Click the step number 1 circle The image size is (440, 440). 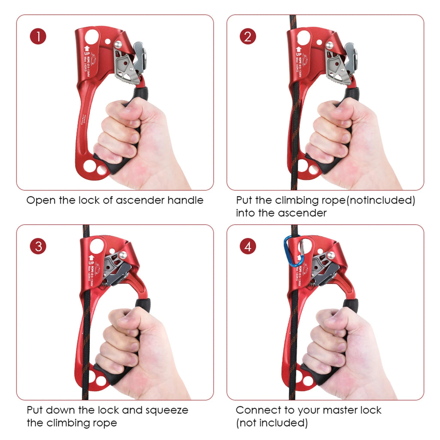38,37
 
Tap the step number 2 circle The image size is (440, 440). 247,37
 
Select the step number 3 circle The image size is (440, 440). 38,246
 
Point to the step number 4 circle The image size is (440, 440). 247,246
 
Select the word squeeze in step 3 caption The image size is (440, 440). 166,410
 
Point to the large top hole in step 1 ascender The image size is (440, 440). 92,35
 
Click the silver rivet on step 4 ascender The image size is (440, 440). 331,255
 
